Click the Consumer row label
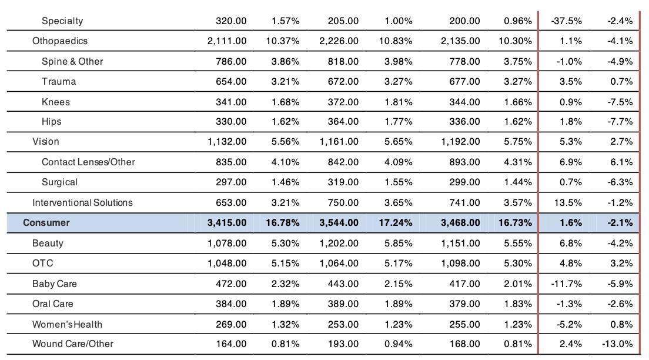tap(46, 222)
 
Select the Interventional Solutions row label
tap(82, 202)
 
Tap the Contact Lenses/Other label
tap(88, 162)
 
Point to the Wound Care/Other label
tap(73, 344)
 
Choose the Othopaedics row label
tap(60, 41)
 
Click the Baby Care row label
tap(55, 284)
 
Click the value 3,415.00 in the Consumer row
tap(227, 222)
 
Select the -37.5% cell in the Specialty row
tap(567, 21)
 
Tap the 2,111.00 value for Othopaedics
tap(227, 41)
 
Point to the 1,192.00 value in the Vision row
tap(460, 141)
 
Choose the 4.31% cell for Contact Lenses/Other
tap(518, 162)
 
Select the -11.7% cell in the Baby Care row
tap(567, 284)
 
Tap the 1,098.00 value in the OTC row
tap(460, 263)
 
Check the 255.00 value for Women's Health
tap(465, 324)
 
